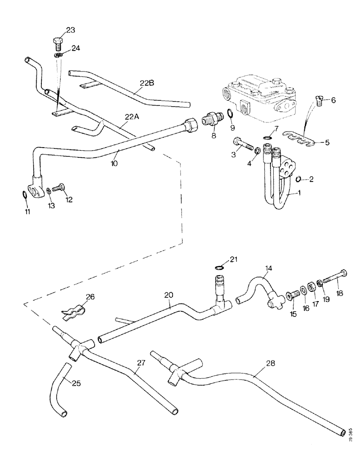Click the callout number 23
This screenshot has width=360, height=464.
coord(70,30)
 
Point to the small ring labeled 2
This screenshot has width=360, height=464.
coord(300,179)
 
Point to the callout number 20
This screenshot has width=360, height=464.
coord(168,294)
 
